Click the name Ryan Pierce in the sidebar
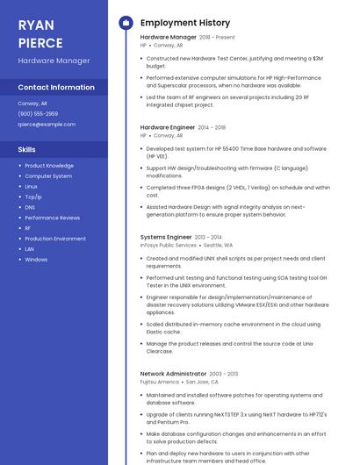click(40, 34)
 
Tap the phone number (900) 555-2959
click(38, 114)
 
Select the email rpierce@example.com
click(47, 125)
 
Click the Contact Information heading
click(56, 88)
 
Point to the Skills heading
click(27, 150)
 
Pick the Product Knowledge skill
click(49, 165)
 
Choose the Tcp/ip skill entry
click(33, 197)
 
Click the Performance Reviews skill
click(52, 218)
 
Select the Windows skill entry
click(36, 260)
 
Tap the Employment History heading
click(185, 23)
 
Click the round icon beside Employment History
click(126, 23)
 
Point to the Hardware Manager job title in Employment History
click(169, 38)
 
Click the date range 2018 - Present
click(217, 38)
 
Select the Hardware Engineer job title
click(168, 127)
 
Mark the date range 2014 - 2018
click(212, 127)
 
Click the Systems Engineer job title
click(166, 237)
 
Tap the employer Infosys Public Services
click(169, 246)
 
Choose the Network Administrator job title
click(173, 374)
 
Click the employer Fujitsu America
click(160, 383)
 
